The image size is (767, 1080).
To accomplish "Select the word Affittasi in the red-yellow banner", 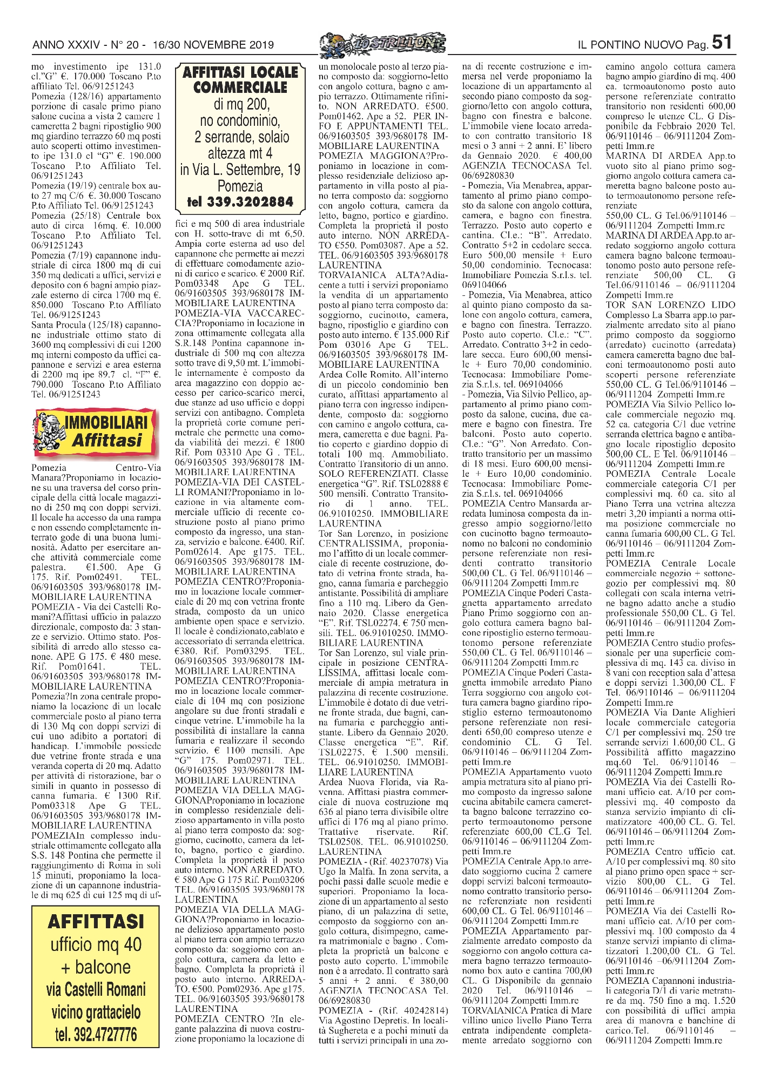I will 106,440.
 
